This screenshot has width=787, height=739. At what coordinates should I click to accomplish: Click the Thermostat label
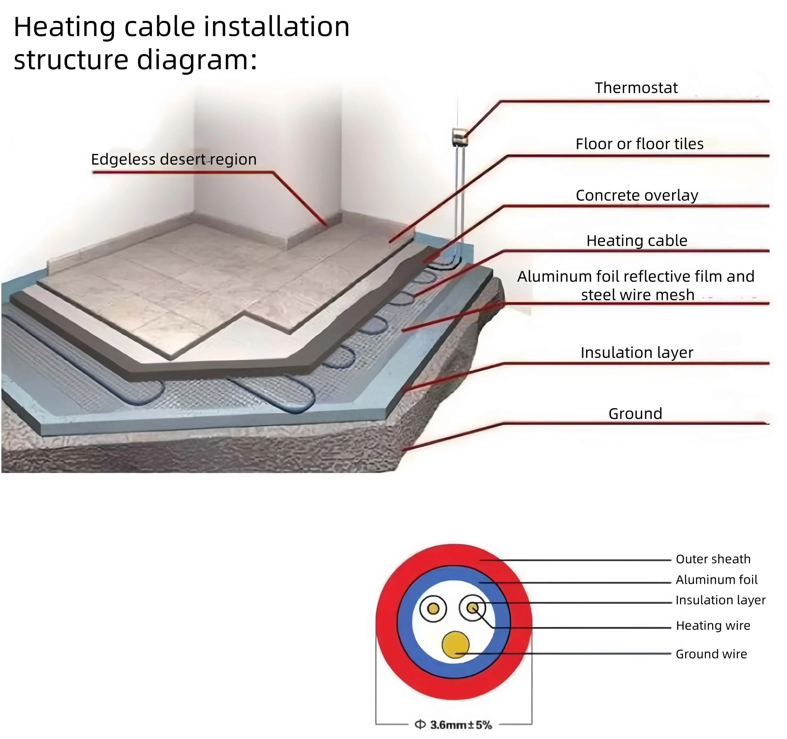(636, 88)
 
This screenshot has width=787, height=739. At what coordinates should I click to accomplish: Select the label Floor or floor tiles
(639, 144)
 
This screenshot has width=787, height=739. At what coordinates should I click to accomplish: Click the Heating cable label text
(637, 241)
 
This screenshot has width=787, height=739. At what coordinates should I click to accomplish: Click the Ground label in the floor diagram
(635, 414)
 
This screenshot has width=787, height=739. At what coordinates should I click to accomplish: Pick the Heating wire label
(713, 625)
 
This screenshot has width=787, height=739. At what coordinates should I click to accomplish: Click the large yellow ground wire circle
(455, 644)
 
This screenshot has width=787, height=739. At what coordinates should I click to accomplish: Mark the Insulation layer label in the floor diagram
(637, 352)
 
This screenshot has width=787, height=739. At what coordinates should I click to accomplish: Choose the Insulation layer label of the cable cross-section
(720, 600)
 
